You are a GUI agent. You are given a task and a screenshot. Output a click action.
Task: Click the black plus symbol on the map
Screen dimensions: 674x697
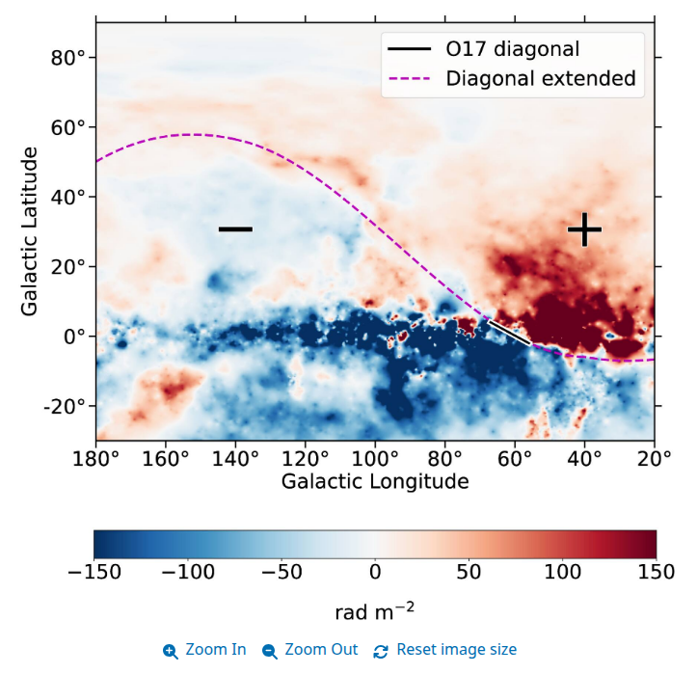(x=584, y=229)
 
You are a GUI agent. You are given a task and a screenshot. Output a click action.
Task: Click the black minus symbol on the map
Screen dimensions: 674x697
(x=235, y=229)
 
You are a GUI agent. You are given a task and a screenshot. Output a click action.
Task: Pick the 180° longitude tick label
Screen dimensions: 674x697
(x=96, y=458)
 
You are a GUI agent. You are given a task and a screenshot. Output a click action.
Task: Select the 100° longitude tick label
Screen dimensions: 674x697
(x=375, y=458)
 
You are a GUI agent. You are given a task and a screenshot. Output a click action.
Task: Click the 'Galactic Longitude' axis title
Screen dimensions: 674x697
(x=375, y=481)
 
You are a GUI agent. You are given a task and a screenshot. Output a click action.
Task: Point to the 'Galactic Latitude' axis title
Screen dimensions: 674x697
(x=30, y=231)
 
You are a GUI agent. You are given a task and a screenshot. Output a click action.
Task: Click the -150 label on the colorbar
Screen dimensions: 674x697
(x=94, y=572)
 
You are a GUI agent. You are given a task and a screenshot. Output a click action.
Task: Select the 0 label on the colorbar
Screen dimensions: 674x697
(x=375, y=572)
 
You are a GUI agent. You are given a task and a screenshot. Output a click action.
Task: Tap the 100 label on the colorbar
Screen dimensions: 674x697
(x=562, y=572)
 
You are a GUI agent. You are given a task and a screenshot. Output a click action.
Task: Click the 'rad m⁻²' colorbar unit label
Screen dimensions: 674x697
(x=375, y=612)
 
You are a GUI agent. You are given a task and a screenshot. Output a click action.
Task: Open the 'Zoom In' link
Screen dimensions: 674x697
(x=204, y=650)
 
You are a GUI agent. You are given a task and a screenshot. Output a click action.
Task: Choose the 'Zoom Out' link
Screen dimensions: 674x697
(x=310, y=650)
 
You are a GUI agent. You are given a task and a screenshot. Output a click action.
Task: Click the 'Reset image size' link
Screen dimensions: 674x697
(x=445, y=650)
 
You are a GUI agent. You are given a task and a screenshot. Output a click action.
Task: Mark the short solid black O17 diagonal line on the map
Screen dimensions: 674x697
(x=508, y=332)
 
